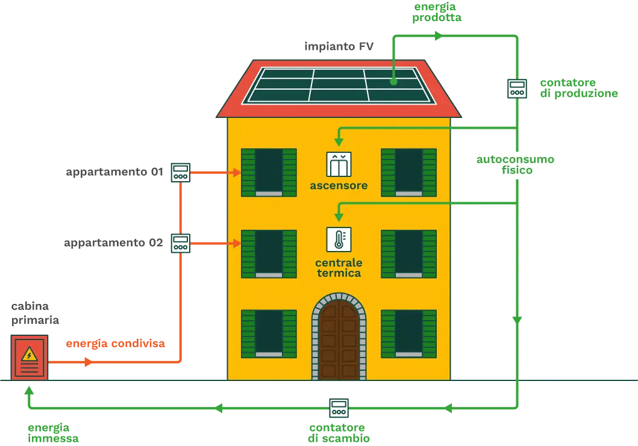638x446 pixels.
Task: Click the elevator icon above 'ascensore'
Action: (339, 164)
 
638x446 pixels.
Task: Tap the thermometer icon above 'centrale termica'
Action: (339, 239)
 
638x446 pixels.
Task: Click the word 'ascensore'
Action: (339, 185)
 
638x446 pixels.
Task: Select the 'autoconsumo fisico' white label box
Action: (518, 166)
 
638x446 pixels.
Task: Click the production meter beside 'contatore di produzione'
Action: (517, 88)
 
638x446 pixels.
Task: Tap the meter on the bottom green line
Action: (339, 407)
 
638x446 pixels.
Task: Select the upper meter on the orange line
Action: (180, 172)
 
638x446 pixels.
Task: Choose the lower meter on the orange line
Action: (180, 243)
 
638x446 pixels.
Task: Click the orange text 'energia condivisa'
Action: (116, 344)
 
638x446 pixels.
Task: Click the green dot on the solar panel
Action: (393, 81)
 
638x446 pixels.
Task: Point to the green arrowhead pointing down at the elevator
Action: (339, 142)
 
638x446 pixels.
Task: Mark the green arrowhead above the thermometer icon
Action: (339, 217)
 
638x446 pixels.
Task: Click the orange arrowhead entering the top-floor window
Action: (236, 172)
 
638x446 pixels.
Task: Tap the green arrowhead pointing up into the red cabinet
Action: (28, 392)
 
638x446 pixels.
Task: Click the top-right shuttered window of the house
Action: (408, 172)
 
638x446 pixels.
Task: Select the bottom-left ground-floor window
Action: (269, 333)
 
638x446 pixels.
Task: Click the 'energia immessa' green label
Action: (53, 433)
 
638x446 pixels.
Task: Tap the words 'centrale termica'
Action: (339, 268)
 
